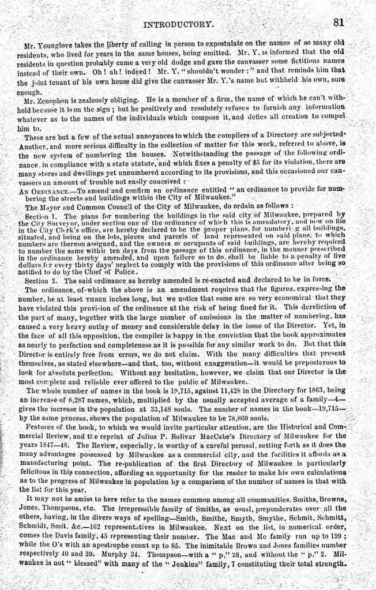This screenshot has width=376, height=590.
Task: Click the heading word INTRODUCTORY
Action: pos(178,25)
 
